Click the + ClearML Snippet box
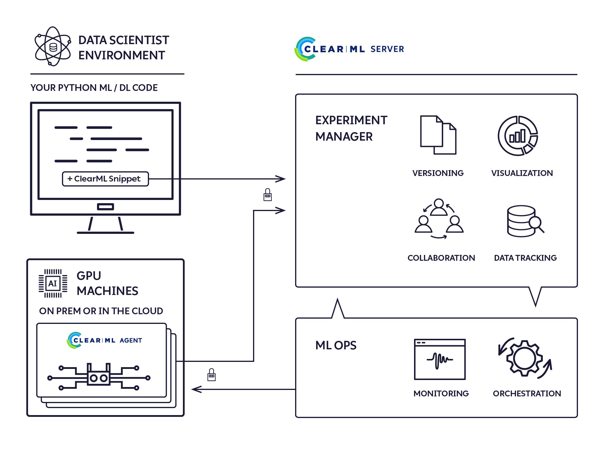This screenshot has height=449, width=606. point(105,179)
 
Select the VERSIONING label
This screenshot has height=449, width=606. point(438,173)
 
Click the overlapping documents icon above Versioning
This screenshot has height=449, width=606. point(438,135)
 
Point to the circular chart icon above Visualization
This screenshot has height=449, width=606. point(518,136)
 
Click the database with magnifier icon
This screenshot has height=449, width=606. point(525,221)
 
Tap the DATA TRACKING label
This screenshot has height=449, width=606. point(525,258)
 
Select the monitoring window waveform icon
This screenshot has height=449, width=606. point(439,359)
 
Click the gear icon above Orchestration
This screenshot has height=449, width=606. point(525,358)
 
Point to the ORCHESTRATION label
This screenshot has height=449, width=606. point(527,393)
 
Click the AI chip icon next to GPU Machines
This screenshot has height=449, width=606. point(53,283)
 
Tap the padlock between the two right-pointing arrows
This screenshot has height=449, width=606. point(267,195)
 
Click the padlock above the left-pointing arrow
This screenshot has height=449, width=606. point(211,375)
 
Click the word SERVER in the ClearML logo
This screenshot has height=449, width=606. point(387,49)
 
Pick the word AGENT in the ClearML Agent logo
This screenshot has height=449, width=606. point(131,340)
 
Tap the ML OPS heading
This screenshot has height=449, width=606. point(336,346)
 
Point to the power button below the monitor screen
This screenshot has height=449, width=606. point(105,207)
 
